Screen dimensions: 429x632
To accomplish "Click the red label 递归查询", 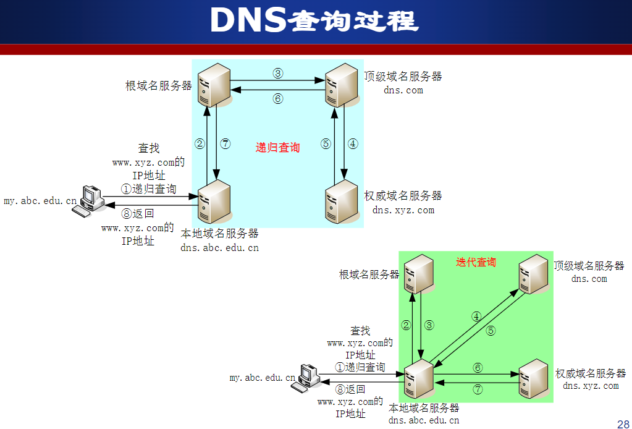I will (277, 148).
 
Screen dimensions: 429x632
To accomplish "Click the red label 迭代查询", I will (476, 262).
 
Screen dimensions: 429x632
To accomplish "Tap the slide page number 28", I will (623, 423).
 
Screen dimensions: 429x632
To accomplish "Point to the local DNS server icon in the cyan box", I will (214, 202).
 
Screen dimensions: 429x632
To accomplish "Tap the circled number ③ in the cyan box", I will (278, 73).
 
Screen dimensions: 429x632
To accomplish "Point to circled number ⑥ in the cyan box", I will (278, 98).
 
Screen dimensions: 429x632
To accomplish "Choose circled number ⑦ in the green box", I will (478, 389).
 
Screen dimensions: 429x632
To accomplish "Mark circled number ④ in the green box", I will (476, 316).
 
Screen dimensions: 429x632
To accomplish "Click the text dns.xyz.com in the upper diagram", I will (403, 210).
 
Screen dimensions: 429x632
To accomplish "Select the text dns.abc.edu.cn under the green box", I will (424, 420).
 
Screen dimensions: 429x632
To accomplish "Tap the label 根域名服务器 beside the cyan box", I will (159, 86).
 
